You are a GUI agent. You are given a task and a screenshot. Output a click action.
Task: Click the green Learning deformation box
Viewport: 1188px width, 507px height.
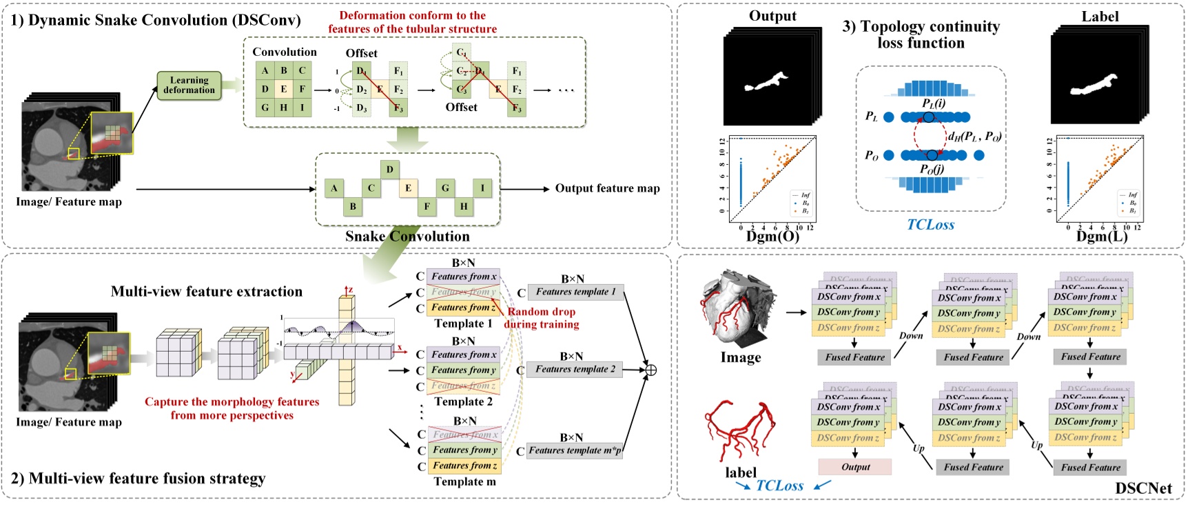pos(189,86)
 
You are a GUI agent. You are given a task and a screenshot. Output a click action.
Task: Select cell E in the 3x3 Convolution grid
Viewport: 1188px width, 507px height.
pos(283,89)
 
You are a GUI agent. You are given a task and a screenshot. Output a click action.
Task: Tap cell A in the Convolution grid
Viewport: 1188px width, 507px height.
pos(265,70)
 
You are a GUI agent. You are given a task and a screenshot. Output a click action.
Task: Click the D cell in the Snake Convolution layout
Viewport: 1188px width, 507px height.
pos(390,169)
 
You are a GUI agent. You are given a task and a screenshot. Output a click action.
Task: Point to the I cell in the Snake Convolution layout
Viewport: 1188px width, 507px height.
pos(482,188)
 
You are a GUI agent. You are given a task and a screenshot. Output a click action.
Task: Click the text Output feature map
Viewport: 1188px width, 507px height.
pos(607,188)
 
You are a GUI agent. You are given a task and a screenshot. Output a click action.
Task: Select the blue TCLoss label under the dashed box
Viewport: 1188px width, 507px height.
pos(930,224)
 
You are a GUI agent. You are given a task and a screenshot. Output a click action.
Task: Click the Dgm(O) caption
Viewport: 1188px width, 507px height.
pos(772,237)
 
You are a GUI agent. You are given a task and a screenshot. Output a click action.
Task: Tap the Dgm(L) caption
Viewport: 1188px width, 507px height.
pos(1101,237)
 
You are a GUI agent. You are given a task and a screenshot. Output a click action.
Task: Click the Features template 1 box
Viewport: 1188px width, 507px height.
pos(575,292)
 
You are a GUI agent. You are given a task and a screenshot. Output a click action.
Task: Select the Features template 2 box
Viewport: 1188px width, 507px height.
pos(575,369)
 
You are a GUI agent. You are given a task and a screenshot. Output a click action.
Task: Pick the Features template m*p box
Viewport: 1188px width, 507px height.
pos(575,450)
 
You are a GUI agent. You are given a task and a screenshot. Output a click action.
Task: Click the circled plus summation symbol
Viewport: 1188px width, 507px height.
pos(650,370)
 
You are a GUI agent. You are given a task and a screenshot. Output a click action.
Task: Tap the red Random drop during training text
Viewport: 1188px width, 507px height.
pos(542,318)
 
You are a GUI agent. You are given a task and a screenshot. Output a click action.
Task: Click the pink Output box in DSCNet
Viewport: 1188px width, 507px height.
pos(855,467)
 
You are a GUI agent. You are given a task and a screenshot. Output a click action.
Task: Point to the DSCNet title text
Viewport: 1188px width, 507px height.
pos(1143,488)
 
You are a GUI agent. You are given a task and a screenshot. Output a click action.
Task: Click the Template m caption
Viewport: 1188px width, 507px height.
pos(464,481)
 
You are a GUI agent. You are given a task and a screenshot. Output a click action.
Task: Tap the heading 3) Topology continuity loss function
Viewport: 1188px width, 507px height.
pos(921,34)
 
